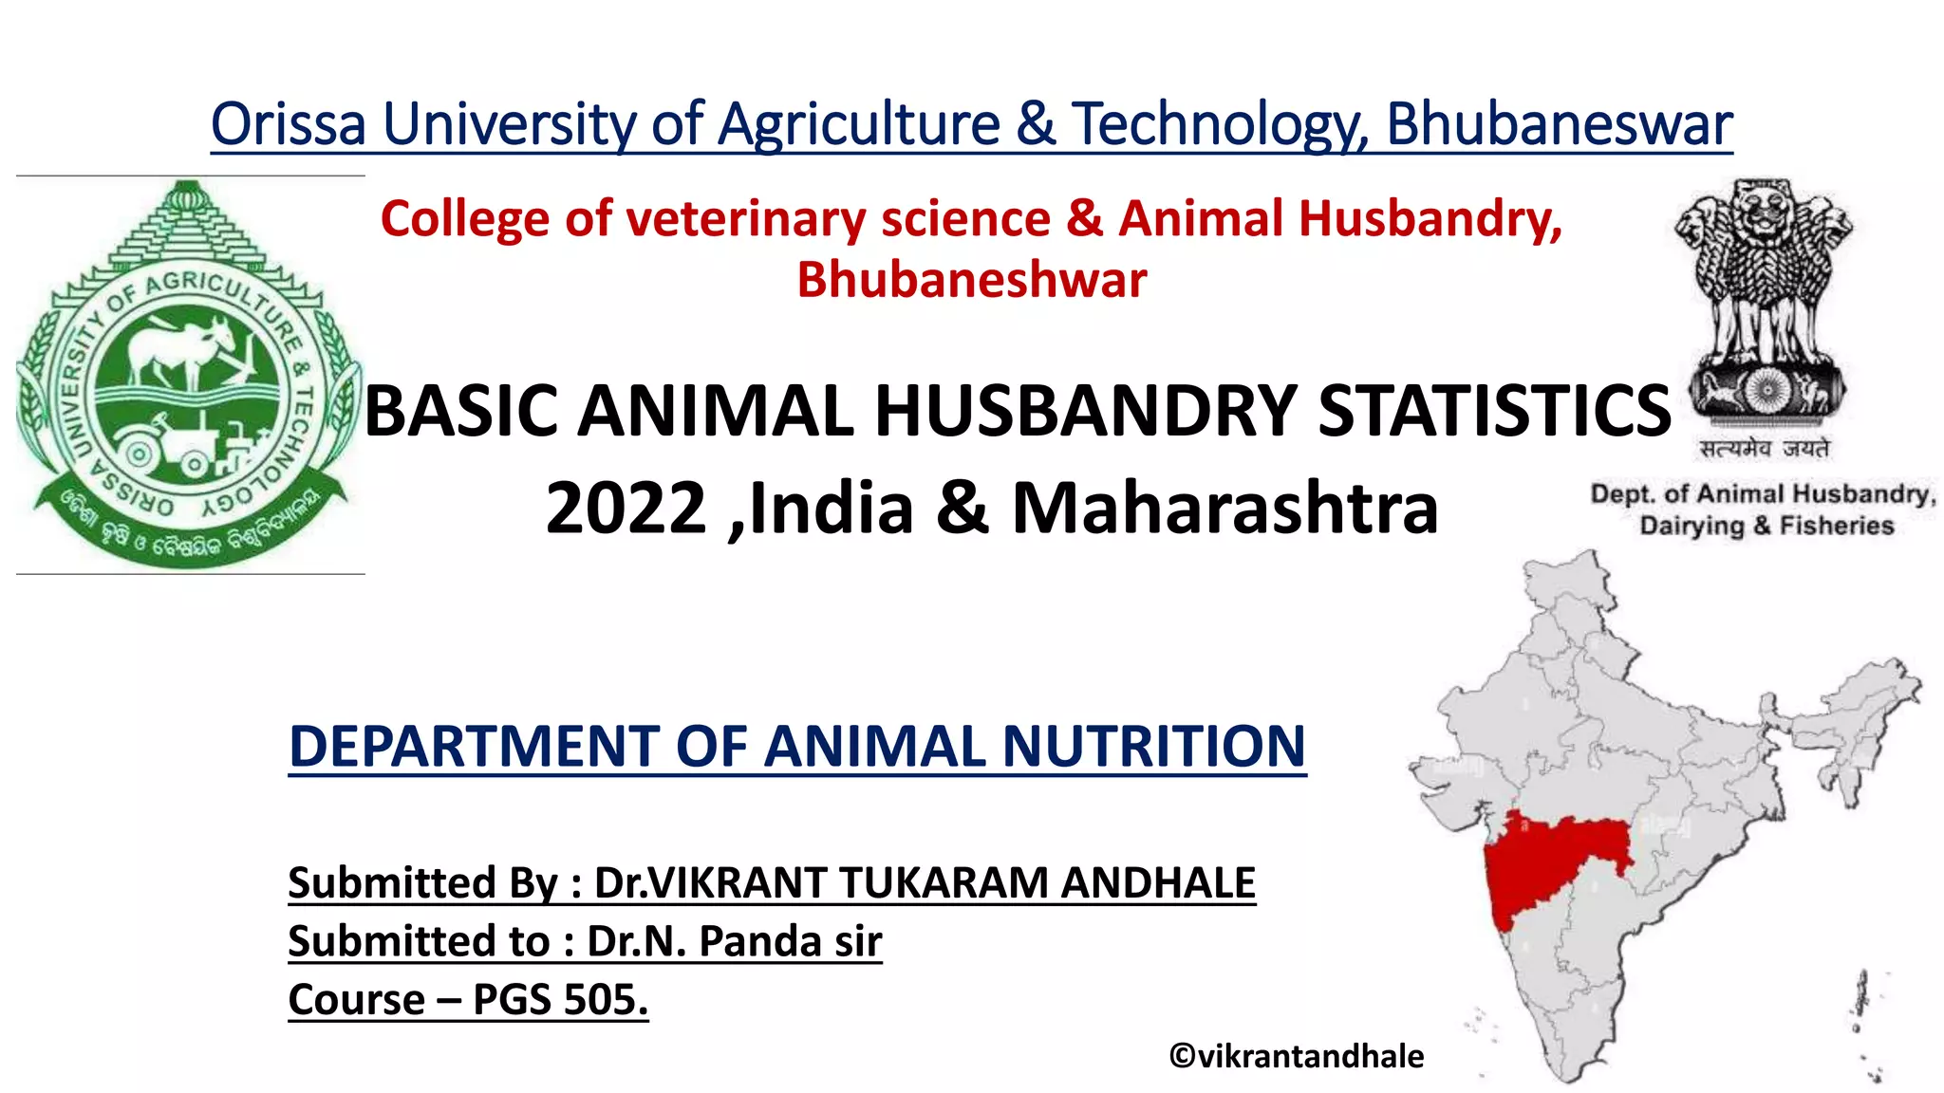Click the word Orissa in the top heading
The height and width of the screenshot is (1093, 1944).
(288, 124)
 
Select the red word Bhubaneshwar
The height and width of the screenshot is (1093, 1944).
(971, 280)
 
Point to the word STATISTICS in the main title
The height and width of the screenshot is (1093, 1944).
(1494, 411)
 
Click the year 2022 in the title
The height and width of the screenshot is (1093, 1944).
(626, 509)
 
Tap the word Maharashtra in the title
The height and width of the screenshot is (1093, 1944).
(1224, 509)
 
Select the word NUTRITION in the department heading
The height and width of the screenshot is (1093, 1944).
(1153, 746)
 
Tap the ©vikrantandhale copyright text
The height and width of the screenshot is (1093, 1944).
(1296, 1056)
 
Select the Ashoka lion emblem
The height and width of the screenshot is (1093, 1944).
(1765, 304)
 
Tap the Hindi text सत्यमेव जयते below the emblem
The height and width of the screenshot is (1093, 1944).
(1765, 449)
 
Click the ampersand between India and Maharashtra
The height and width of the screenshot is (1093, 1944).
(963, 509)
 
